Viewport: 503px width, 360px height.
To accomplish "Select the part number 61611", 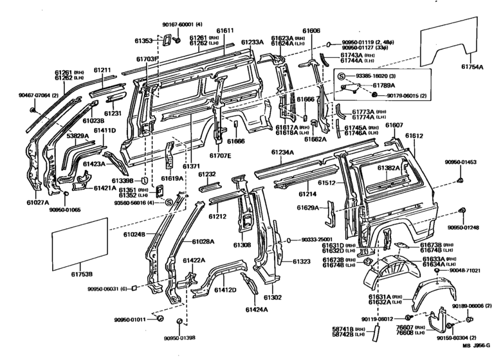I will tap(225, 31).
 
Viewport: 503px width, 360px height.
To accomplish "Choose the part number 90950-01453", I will tap(462, 163).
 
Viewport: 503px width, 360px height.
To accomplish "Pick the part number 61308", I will tap(242, 245).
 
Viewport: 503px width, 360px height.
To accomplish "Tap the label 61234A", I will tap(282, 152).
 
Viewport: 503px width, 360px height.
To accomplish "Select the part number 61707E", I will tap(219, 156).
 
